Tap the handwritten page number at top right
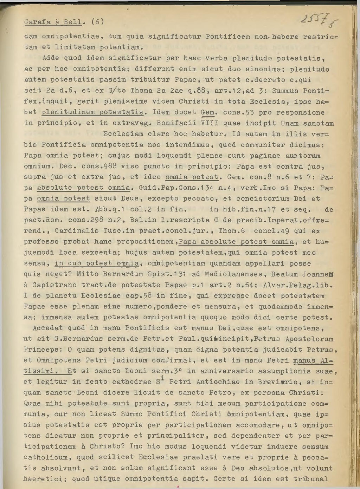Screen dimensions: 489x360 (316, 21)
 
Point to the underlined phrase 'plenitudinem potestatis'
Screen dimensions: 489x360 (93, 112)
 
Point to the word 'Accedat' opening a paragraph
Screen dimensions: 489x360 (48, 328)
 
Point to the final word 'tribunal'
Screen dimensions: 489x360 (311, 479)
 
